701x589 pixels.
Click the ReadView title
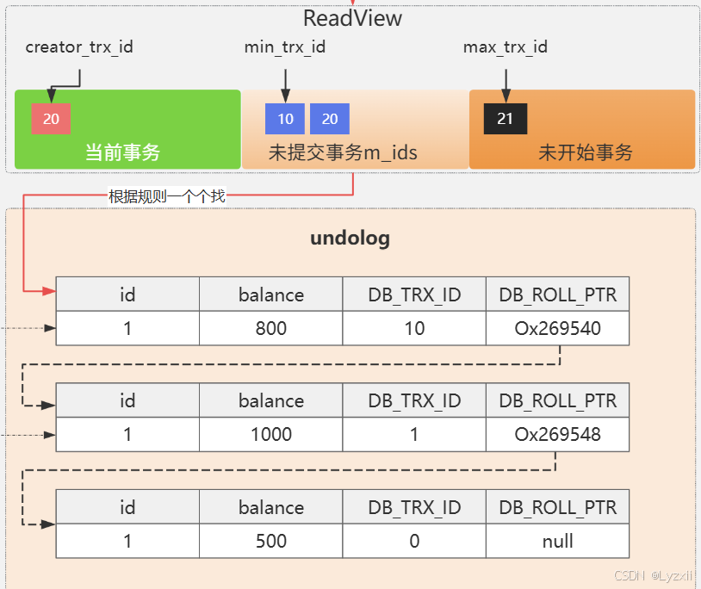(x=352, y=18)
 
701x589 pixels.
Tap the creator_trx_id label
(x=79, y=46)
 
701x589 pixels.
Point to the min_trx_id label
(x=285, y=46)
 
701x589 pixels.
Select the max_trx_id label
(x=506, y=46)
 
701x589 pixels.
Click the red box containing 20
(x=51, y=119)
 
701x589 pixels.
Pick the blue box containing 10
(x=285, y=119)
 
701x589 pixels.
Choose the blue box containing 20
(x=330, y=119)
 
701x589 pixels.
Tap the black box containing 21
(x=506, y=119)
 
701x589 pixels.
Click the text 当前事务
(x=122, y=153)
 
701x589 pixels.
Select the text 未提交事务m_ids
(x=343, y=153)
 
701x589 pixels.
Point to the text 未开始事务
(x=586, y=153)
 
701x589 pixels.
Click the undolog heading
(x=350, y=239)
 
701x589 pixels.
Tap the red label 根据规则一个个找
(x=167, y=196)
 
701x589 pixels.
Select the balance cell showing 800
(x=271, y=328)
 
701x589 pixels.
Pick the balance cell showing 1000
(x=271, y=435)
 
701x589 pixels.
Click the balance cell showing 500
(x=271, y=542)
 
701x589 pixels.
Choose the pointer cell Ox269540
(x=558, y=328)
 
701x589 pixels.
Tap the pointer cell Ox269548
(x=558, y=435)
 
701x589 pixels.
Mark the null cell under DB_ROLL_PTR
(x=558, y=542)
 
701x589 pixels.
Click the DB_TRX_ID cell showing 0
(x=414, y=542)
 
